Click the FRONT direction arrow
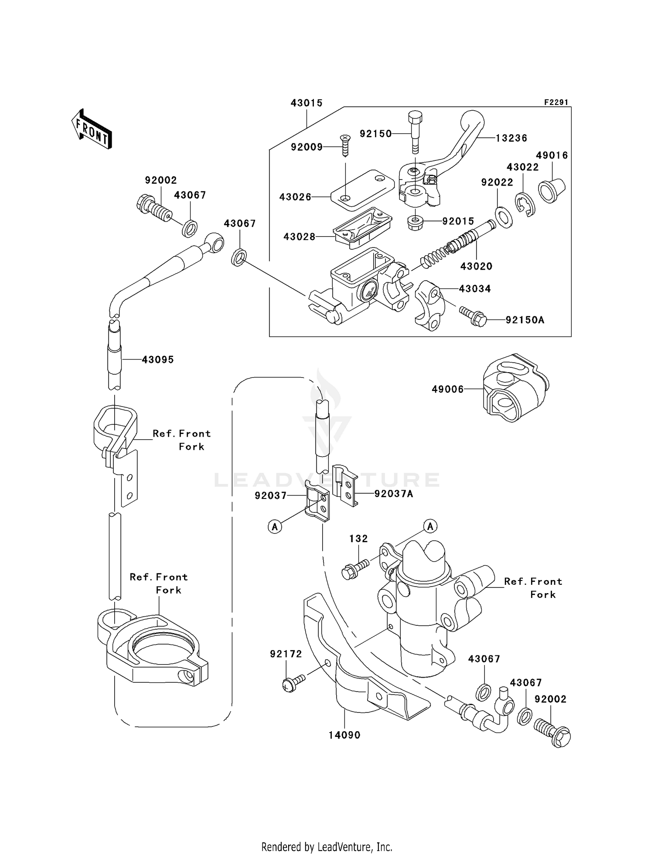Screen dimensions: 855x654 (92, 129)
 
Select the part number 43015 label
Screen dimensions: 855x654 (307, 103)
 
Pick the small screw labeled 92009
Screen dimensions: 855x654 (345, 145)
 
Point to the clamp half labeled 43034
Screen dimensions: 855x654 (429, 305)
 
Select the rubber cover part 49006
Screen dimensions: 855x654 (514, 387)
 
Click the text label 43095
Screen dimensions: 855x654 (157, 360)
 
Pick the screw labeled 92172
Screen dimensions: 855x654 (294, 682)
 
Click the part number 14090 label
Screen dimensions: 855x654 (344, 735)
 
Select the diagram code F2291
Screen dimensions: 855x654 (556, 102)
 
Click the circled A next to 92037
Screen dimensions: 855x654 (275, 527)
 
